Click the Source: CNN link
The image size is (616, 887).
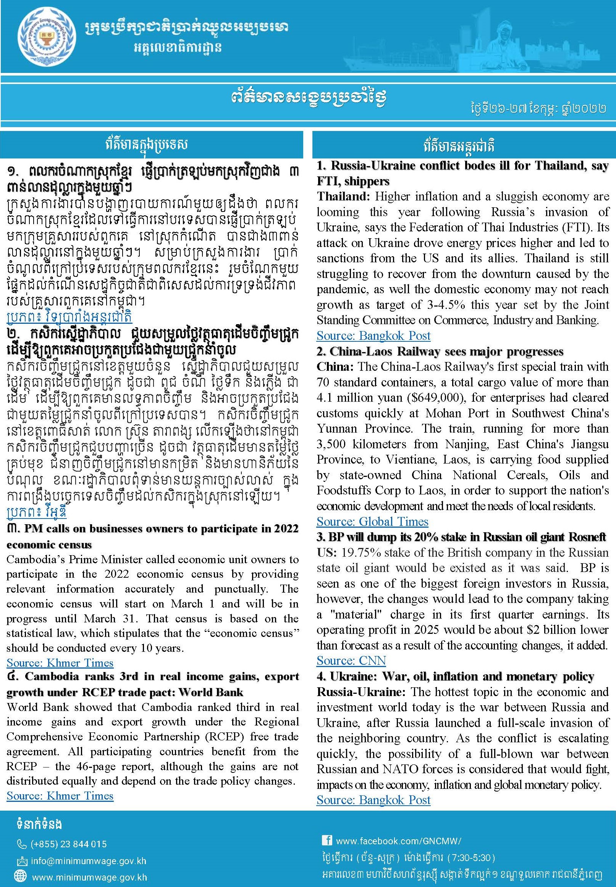click(x=351, y=661)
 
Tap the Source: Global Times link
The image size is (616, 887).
click(x=372, y=522)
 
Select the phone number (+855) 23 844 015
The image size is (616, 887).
click(x=68, y=844)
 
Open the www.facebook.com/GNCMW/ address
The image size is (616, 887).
click(x=398, y=841)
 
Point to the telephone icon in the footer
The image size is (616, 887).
click(x=22, y=844)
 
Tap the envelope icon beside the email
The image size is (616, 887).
click(x=22, y=861)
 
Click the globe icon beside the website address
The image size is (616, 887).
click(x=22, y=877)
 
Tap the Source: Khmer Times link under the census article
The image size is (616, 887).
click(x=60, y=663)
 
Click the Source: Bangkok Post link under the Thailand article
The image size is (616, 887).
click(x=373, y=336)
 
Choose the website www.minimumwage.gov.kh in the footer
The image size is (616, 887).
click(x=89, y=877)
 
